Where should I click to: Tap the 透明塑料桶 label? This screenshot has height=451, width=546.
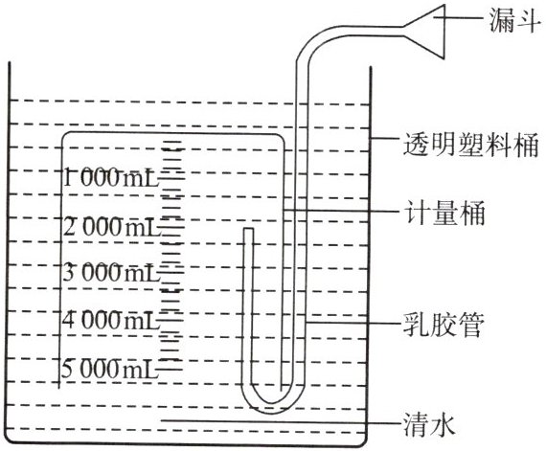pos(470,144)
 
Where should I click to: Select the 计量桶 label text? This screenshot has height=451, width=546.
pos(444,213)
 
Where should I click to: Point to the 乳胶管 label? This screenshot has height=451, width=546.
pos(443,325)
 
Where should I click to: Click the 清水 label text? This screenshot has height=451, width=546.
pos(429,424)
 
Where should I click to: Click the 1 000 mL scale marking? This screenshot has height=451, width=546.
pos(111,177)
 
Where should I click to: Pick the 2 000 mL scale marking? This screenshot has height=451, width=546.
pos(111,227)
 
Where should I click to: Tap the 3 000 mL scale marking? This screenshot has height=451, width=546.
pos(111,273)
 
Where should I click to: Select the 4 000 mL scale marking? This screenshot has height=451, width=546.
pos(110,321)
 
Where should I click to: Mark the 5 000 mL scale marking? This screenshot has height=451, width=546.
pos(109,370)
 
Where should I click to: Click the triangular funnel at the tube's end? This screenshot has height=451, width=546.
pos(425,32)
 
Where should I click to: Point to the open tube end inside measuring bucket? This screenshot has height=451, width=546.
pos(248,229)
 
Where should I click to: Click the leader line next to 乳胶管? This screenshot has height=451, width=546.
pos(353,323)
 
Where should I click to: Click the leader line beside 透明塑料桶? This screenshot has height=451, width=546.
pos(385,139)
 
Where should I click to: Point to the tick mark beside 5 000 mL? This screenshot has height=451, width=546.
pos(171,370)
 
